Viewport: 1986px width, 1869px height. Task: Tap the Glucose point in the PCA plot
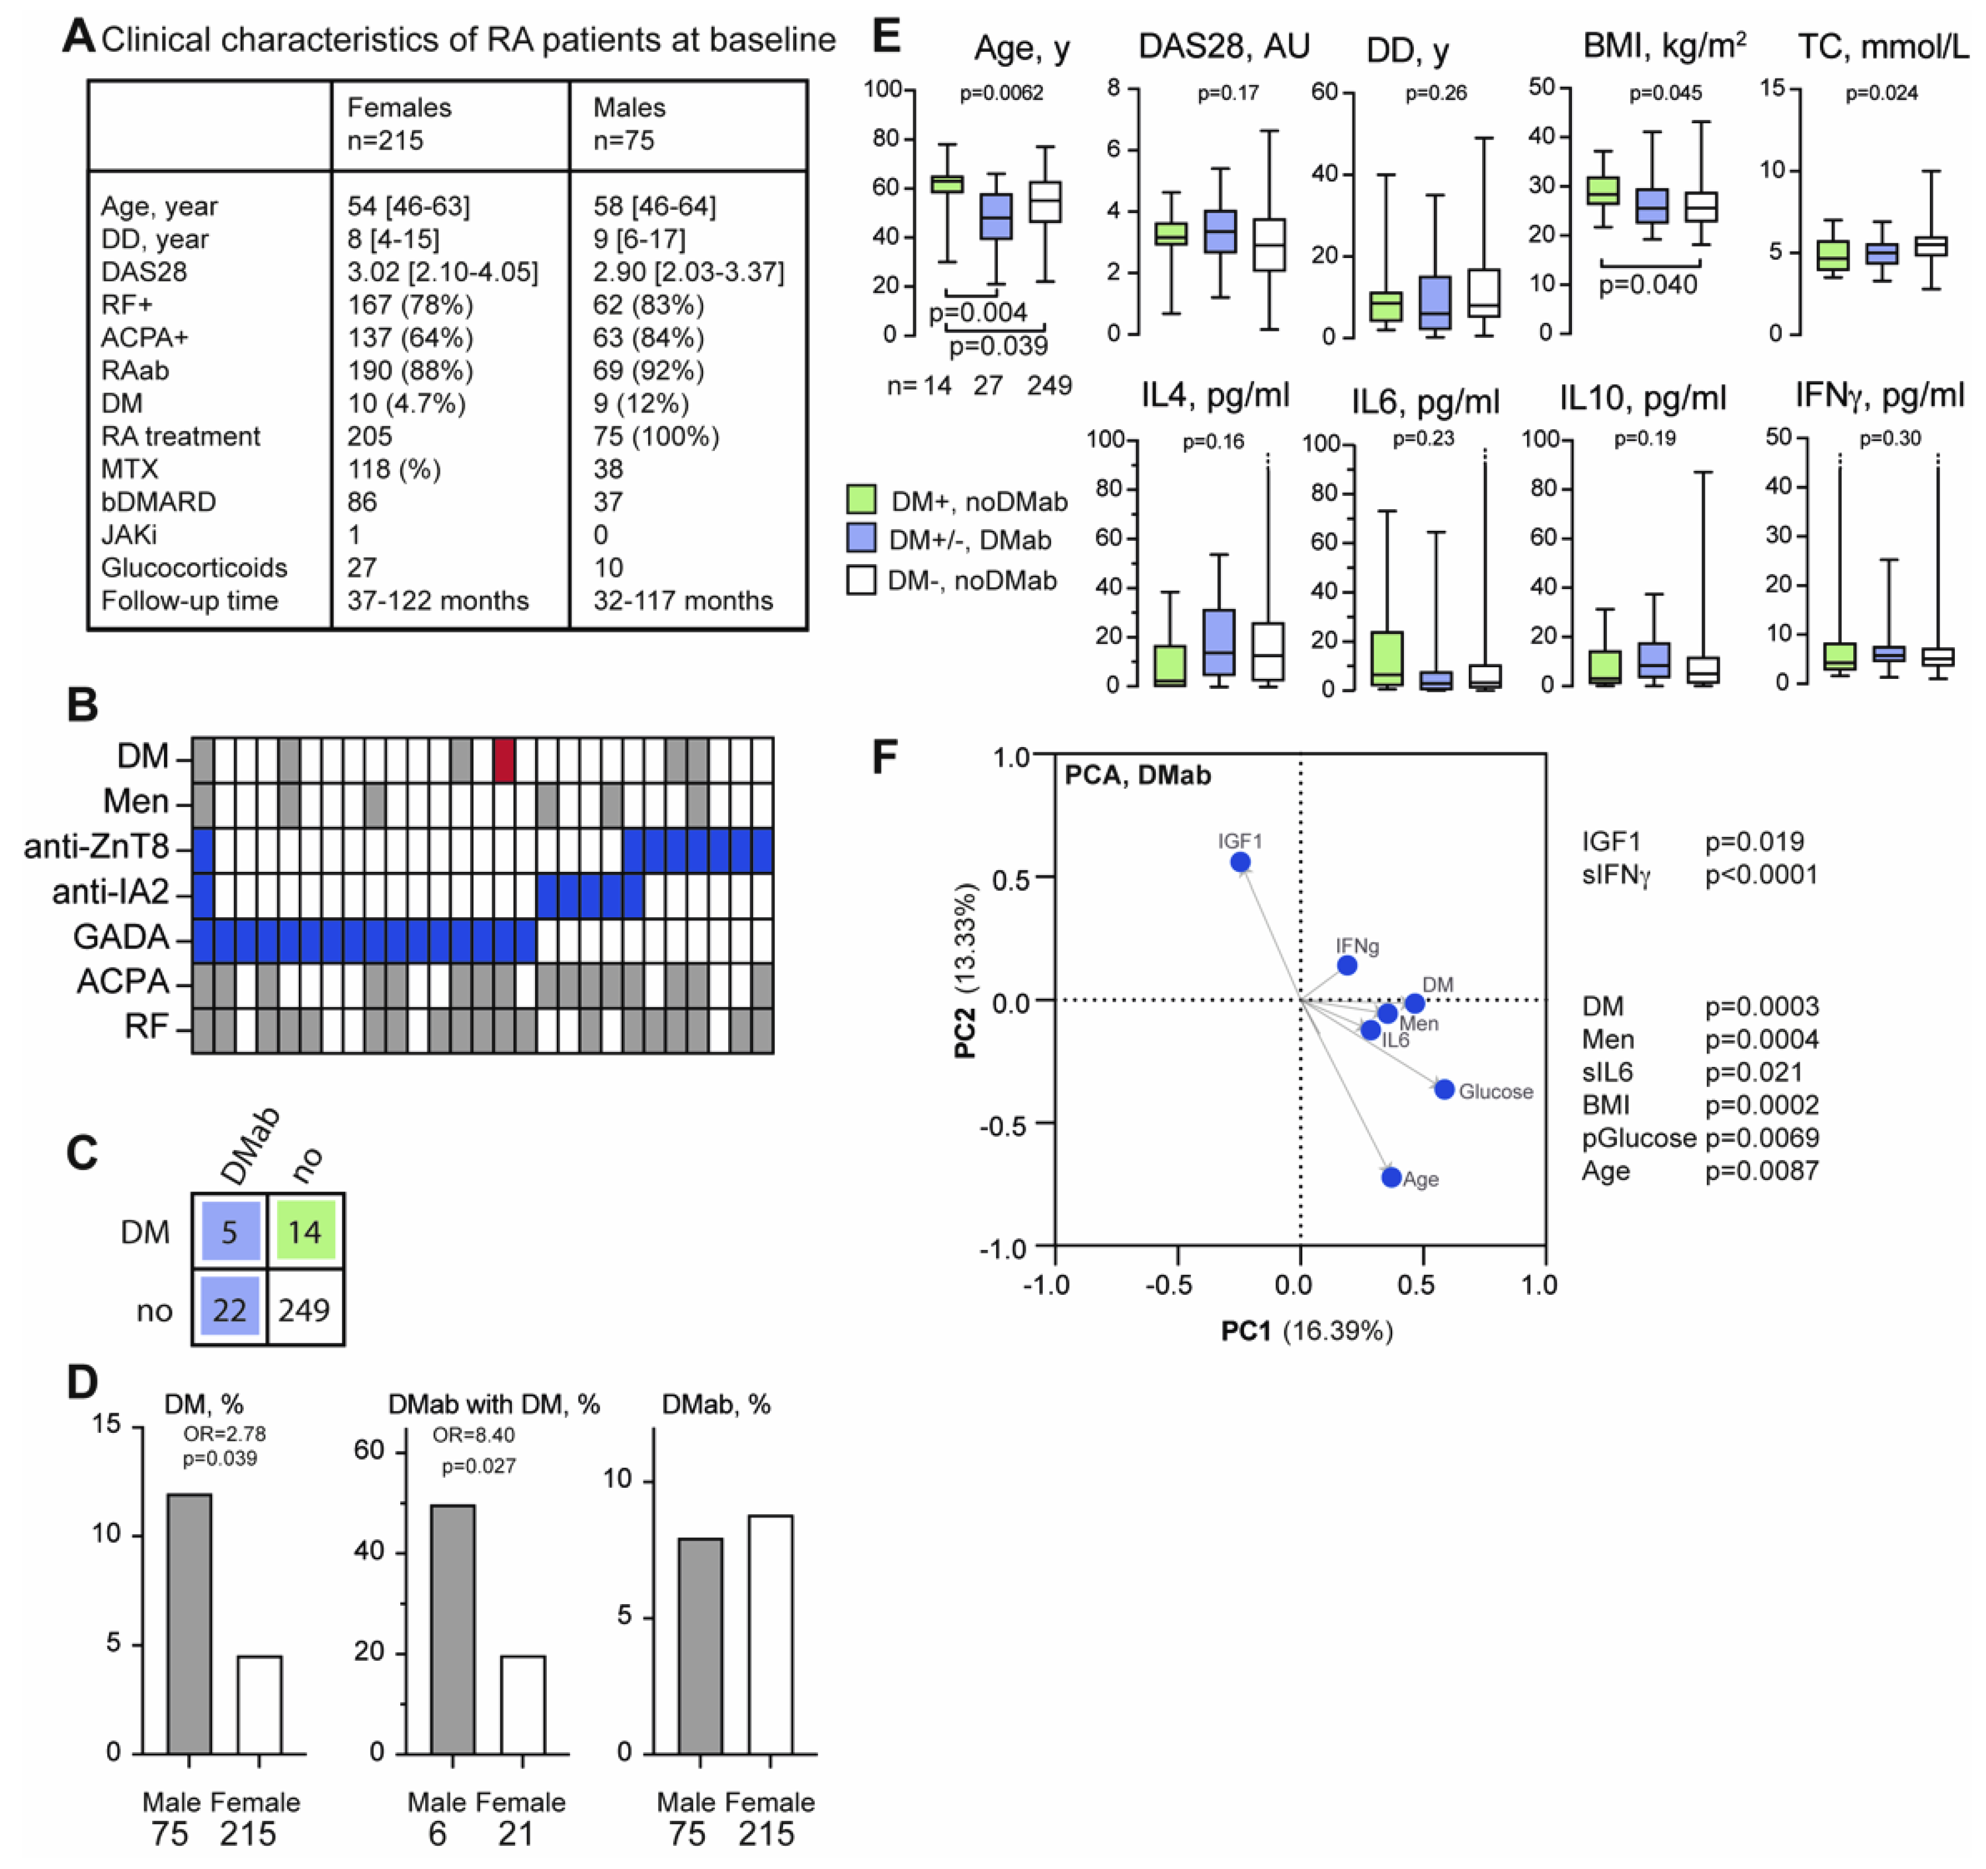pyautogui.click(x=1445, y=1089)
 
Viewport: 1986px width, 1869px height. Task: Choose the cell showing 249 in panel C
pyautogui.click(x=305, y=1309)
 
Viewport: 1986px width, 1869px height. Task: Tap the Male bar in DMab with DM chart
pyautogui.click(x=453, y=1629)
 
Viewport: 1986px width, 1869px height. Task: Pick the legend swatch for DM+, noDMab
pyautogui.click(x=861, y=500)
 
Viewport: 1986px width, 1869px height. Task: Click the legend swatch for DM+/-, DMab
pyautogui.click(x=861, y=539)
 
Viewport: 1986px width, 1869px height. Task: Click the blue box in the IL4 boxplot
pyautogui.click(x=1219, y=642)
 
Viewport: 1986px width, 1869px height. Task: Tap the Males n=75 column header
pyautogui.click(x=629, y=124)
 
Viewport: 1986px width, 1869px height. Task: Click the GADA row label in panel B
pyautogui.click(x=121, y=937)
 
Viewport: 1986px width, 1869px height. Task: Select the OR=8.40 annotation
pyautogui.click(x=474, y=1435)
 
